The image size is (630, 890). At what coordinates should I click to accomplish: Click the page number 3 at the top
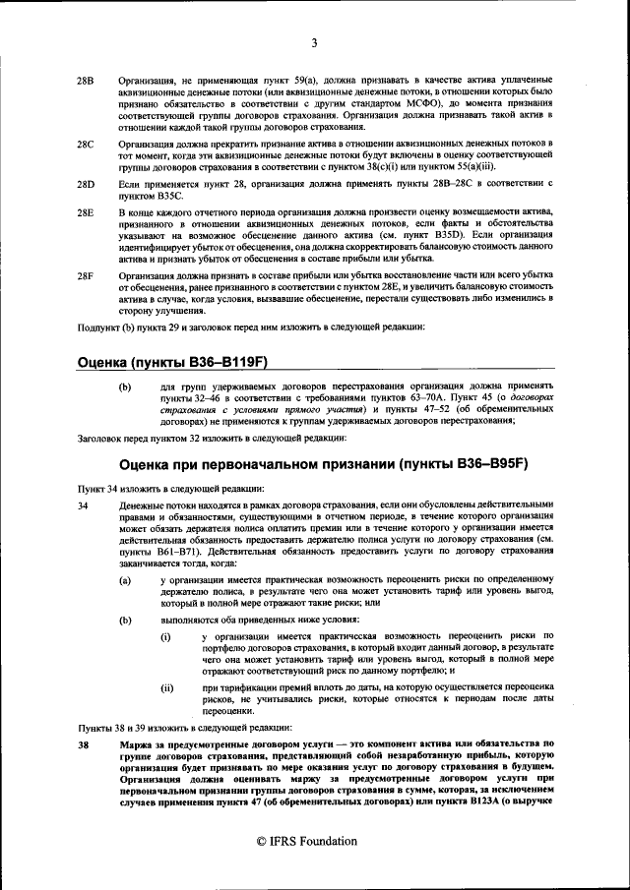coord(314,42)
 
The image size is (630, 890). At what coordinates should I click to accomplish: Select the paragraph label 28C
coord(86,144)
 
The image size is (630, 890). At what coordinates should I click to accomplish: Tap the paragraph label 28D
coord(86,184)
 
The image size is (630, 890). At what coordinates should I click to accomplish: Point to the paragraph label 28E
coord(86,212)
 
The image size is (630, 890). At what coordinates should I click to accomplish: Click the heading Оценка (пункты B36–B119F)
coord(173,361)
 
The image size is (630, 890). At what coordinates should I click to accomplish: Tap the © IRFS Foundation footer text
coord(314,841)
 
